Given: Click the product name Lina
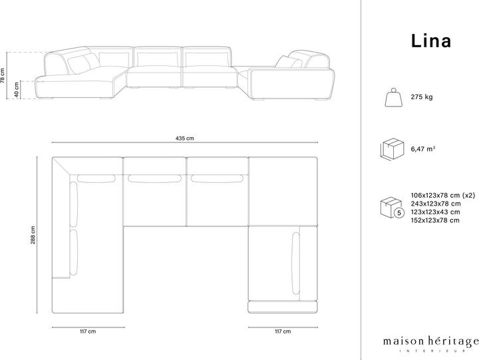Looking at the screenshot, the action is pyautogui.click(x=430, y=41).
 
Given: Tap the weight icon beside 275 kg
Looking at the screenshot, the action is pyautogui.click(x=393, y=97).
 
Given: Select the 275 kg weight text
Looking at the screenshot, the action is pyautogui.click(x=422, y=97).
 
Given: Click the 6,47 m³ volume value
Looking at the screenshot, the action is pyautogui.click(x=423, y=149).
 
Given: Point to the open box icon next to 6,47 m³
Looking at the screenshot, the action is pyautogui.click(x=393, y=149).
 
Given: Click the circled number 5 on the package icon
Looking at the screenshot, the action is pyautogui.click(x=399, y=212).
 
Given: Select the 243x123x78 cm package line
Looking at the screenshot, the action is pyautogui.click(x=436, y=204).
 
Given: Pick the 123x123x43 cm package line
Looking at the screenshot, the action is pyautogui.click(x=435, y=212).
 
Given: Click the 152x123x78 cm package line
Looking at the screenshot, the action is pyautogui.click(x=435, y=220).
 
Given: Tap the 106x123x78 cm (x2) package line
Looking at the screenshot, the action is pyautogui.click(x=443, y=195).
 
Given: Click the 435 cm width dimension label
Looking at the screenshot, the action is pyautogui.click(x=184, y=138).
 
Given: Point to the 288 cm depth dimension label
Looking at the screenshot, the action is pyautogui.click(x=33, y=235).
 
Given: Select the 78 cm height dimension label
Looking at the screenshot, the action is pyautogui.click(x=3, y=75).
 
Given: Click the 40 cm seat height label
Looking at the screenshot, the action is pyautogui.click(x=17, y=90).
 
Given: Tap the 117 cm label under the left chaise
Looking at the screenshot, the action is pyautogui.click(x=88, y=331).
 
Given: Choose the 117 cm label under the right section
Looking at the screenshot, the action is pyautogui.click(x=283, y=331).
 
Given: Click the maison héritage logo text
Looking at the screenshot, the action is pyautogui.click(x=431, y=341).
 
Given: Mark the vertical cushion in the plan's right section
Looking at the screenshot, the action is pyautogui.click(x=295, y=264).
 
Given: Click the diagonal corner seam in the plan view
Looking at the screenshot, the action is pyautogui.click(x=61, y=166).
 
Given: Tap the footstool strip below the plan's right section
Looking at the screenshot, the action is pyautogui.click(x=283, y=307).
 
